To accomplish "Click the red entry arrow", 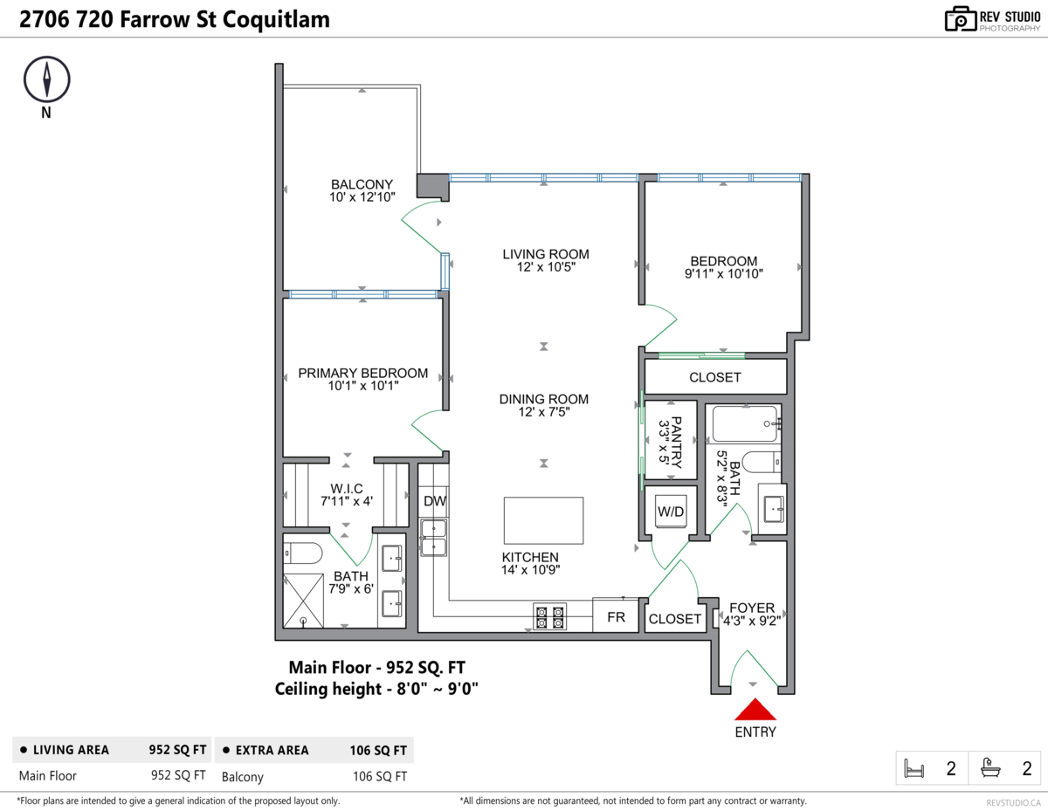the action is tap(755, 710).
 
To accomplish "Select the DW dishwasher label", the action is tap(435, 501).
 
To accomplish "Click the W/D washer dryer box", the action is tap(671, 512).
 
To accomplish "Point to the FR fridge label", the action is tap(616, 617).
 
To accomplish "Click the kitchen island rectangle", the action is tap(543, 520).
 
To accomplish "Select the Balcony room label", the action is tap(362, 184).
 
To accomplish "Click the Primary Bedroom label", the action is tap(362, 373).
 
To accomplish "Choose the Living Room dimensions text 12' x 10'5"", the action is tap(546, 267).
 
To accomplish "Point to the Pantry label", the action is tap(677, 443).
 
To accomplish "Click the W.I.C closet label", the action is tap(347, 489).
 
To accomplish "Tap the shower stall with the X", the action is tap(303, 601).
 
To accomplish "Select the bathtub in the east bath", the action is tap(745, 424).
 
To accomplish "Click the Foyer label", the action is tap(752, 608).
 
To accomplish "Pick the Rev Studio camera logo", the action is tap(960, 19).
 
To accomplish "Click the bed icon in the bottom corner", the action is tap(914, 768).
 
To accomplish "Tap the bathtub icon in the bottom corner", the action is tap(990, 768).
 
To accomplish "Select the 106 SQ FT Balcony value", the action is tap(380, 776).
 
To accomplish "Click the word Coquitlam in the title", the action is tap(276, 20).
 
